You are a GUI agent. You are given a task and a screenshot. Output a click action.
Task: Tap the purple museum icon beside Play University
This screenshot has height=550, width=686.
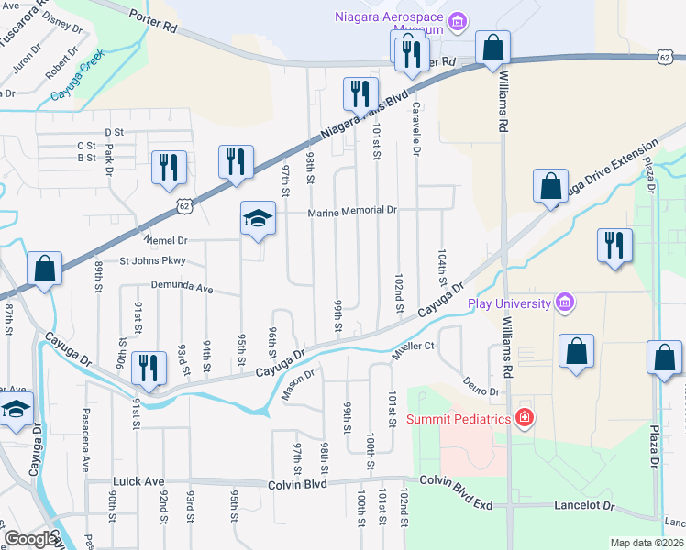(x=564, y=303)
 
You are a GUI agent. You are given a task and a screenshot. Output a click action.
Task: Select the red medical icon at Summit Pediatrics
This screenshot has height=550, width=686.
(x=524, y=419)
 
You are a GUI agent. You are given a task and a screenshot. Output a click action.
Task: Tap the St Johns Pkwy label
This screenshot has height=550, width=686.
(x=152, y=261)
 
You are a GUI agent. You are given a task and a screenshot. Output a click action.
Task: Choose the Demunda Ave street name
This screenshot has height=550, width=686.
(x=182, y=288)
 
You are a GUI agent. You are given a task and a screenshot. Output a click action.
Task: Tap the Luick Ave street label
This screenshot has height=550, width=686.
(x=138, y=480)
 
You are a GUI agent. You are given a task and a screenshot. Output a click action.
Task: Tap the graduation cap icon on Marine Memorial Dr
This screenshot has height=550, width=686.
(x=258, y=219)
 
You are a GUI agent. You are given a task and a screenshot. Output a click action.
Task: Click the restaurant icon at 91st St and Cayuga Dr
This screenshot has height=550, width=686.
(x=149, y=368)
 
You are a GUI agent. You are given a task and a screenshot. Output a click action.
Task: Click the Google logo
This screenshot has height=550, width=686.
(x=29, y=538)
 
